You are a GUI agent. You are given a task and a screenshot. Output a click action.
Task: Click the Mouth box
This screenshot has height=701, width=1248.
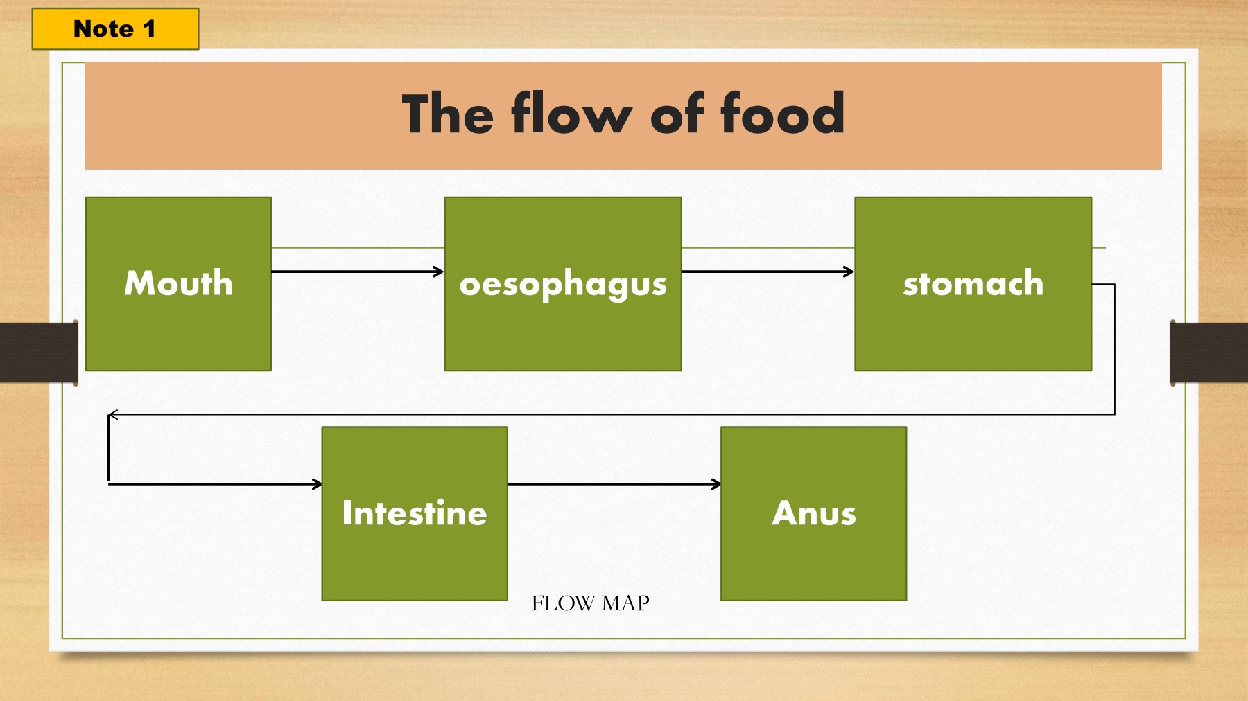(x=178, y=284)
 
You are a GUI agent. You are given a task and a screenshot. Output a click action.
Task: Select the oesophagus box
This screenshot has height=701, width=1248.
(x=563, y=284)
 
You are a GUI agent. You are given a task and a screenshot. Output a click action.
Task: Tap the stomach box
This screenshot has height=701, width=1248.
(x=973, y=284)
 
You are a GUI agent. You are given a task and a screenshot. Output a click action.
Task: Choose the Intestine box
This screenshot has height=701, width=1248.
(x=415, y=513)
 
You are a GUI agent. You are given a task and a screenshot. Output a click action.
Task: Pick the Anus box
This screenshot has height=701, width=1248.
(x=814, y=513)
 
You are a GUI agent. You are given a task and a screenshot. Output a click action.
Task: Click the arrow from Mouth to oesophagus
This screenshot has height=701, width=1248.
(x=358, y=272)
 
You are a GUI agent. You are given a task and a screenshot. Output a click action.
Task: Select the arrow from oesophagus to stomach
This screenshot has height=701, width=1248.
(x=768, y=272)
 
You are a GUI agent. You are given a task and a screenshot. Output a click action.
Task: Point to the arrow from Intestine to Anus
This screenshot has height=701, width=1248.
(x=615, y=484)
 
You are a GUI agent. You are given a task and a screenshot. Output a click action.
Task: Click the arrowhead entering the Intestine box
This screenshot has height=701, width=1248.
(x=318, y=484)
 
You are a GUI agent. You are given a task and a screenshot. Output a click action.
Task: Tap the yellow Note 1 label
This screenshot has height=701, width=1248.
(x=115, y=29)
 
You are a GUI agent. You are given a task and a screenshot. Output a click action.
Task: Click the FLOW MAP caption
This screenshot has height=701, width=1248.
(x=590, y=603)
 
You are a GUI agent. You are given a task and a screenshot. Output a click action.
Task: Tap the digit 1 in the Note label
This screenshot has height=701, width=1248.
(x=149, y=29)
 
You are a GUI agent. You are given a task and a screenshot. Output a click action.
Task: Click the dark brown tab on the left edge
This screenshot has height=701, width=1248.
(x=39, y=352)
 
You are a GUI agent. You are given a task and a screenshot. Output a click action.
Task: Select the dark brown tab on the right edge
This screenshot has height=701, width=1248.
(x=1209, y=352)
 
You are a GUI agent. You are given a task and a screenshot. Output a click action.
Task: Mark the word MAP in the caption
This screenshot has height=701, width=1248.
(x=625, y=603)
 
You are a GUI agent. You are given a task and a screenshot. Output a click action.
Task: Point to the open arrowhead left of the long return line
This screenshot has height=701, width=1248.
(x=113, y=415)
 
